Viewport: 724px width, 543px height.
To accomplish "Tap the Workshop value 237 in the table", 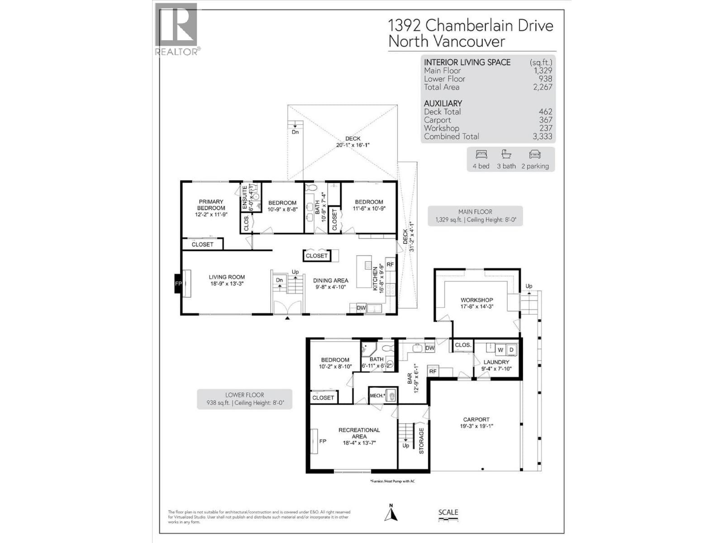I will (545, 128).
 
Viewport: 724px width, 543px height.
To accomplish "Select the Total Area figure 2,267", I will (543, 87).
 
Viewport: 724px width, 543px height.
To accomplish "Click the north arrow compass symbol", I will (391, 513).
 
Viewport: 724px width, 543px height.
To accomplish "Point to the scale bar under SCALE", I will (448, 521).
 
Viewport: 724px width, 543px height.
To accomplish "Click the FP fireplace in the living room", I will (178, 284).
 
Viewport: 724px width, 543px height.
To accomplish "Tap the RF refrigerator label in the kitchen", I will (390, 264).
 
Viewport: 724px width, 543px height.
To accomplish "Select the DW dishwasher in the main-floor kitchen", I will (361, 308).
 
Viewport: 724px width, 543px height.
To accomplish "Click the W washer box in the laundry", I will (500, 350).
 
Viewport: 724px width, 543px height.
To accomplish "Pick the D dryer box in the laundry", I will (511, 350).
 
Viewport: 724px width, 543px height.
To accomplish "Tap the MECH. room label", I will (377, 395).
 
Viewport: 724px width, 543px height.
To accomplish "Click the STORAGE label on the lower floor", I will (421, 441).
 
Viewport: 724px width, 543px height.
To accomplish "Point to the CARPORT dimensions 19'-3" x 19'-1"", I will (476, 426).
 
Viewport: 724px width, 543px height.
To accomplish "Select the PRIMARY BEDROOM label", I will (211, 205).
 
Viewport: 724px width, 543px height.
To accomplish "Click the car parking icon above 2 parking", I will (534, 155).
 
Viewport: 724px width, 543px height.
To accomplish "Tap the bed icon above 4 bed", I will (481, 155).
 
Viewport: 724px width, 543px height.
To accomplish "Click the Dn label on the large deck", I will (295, 132).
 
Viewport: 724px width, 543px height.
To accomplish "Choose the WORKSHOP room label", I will (476, 300).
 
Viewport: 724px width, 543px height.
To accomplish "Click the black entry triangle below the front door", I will (287, 318).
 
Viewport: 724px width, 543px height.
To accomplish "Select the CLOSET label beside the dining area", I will (316, 256).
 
